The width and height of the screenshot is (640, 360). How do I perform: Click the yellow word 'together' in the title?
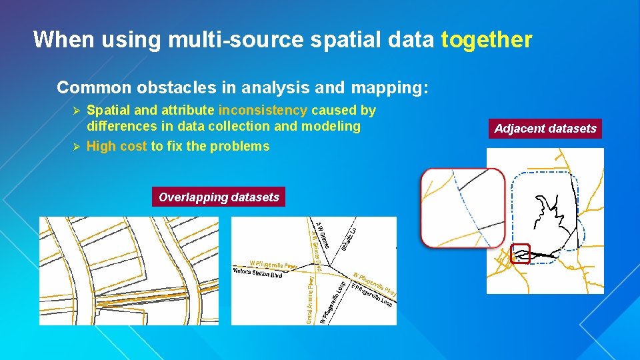pyautogui.click(x=486, y=40)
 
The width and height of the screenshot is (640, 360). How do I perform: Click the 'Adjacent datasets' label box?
pyautogui.click(x=545, y=129)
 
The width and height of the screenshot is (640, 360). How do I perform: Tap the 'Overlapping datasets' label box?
pyautogui.click(x=219, y=197)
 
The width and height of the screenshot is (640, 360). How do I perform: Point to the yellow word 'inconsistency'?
pyautogui.click(x=263, y=111)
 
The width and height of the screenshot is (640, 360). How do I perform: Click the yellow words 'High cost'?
pyautogui.click(x=117, y=147)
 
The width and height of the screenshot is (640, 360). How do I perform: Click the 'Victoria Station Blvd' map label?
pyautogui.click(x=258, y=273)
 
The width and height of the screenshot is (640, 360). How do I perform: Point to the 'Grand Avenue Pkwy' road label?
pyautogui.click(x=310, y=301)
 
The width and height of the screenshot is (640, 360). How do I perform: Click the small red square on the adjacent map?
pyautogui.click(x=520, y=253)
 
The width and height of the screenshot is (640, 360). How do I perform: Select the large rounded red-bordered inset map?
pyautogui.click(x=463, y=208)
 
